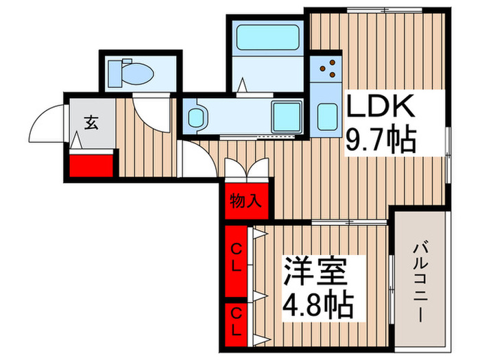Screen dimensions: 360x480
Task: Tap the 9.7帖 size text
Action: [381, 140]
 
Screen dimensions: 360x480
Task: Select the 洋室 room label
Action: [317, 269]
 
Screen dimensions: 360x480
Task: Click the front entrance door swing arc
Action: [48, 123]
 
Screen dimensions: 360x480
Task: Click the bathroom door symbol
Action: [243, 86]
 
